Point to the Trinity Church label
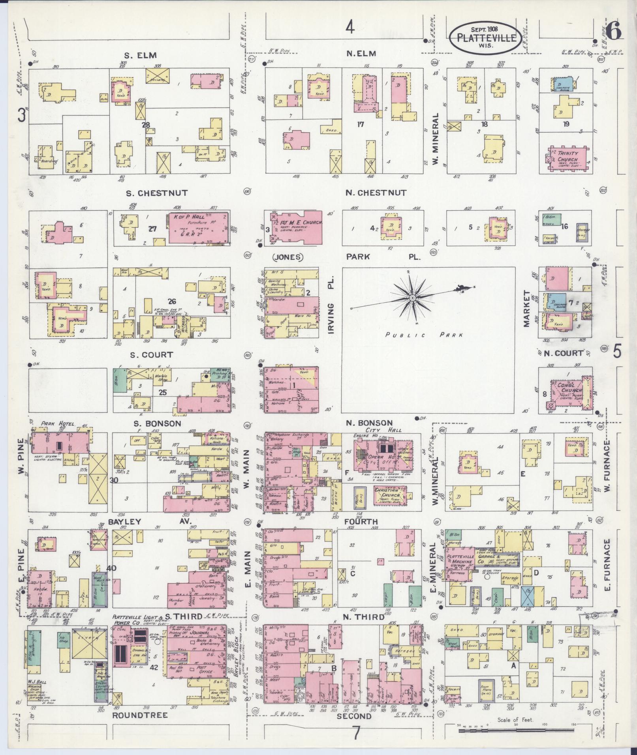click(x=567, y=156)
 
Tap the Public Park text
click(x=424, y=335)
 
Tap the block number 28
click(x=147, y=126)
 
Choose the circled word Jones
click(x=287, y=257)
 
